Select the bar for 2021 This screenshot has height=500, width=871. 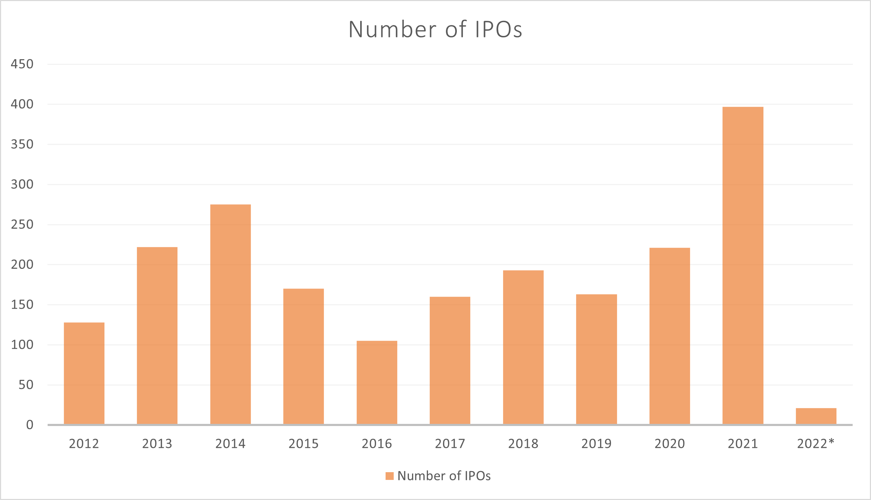(743, 266)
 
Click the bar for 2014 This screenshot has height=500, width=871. (230, 314)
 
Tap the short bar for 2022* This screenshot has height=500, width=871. (816, 416)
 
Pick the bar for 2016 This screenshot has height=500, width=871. (377, 382)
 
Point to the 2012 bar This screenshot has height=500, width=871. (84, 373)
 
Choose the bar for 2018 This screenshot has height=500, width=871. (523, 347)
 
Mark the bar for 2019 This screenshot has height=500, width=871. (596, 359)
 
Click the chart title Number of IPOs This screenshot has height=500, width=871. (435, 29)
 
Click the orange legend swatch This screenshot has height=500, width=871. (389, 476)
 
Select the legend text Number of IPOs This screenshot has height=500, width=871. (444, 476)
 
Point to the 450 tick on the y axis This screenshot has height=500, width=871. (22, 64)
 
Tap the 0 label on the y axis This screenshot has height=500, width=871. (30, 425)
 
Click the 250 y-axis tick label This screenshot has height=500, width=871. (22, 224)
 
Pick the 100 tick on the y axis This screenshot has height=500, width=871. (22, 345)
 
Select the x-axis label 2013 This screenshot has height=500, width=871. (157, 444)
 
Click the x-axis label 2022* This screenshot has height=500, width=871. (816, 444)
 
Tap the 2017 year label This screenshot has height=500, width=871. (450, 444)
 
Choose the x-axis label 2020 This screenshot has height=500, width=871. (670, 444)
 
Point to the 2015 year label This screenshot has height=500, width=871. (303, 444)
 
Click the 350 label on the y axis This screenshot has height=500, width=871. (22, 144)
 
